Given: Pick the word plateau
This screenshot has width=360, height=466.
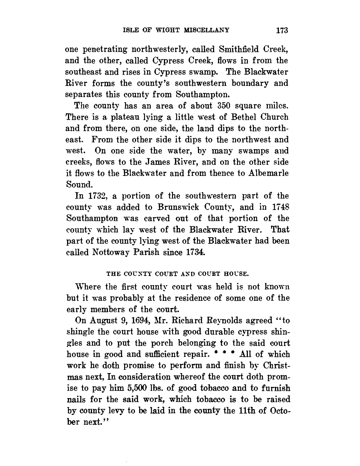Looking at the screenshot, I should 115,117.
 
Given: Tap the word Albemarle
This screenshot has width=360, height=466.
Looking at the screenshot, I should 269,173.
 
